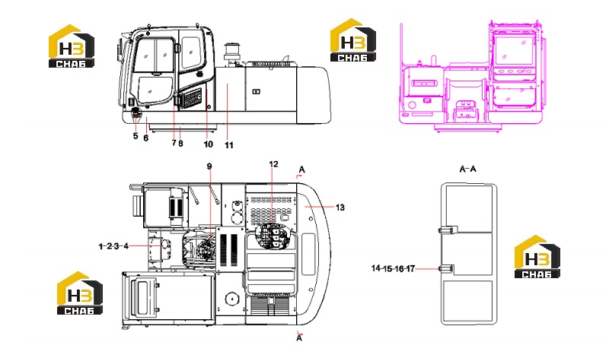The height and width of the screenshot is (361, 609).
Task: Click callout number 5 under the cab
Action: [136, 136]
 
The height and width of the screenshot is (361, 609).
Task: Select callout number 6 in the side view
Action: [145, 138]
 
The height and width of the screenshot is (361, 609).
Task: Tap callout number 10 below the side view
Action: [208, 144]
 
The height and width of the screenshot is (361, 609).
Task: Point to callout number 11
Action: [229, 145]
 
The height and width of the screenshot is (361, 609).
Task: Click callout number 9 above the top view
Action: [209, 166]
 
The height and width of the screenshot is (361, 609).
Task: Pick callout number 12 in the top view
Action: [273, 164]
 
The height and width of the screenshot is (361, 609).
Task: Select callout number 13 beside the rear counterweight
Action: [340, 207]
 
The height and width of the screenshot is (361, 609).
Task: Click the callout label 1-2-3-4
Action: [113, 245]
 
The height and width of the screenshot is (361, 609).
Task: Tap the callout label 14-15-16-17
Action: [393, 268]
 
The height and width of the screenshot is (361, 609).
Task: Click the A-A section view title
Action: [467, 169]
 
